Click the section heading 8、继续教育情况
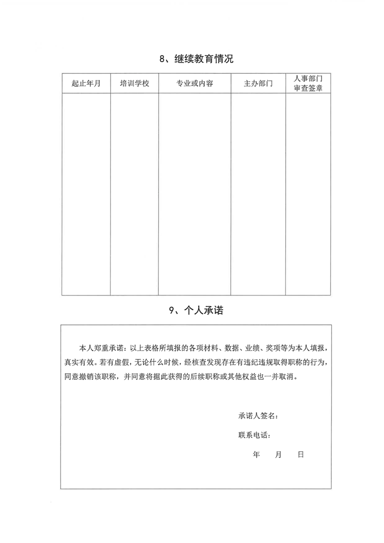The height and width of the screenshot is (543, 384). [x=196, y=60]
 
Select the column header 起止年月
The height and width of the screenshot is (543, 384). [x=86, y=83]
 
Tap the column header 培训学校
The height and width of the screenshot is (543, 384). [x=134, y=83]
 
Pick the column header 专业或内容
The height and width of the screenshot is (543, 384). [x=195, y=83]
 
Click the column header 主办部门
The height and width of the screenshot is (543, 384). [x=258, y=83]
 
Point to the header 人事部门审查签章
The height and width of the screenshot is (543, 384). [x=308, y=83]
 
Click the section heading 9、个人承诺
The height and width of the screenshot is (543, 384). [x=196, y=311]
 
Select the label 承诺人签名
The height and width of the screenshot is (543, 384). [x=257, y=416]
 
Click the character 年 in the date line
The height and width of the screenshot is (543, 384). [x=256, y=455]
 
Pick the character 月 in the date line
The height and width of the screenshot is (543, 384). [x=278, y=455]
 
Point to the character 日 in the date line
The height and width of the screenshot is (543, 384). [x=300, y=455]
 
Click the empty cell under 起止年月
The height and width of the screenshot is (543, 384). [x=86, y=194]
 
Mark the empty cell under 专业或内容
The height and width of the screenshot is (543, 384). [x=195, y=194]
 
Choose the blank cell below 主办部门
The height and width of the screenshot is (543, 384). [x=258, y=194]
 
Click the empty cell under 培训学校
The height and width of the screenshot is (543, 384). [x=134, y=194]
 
